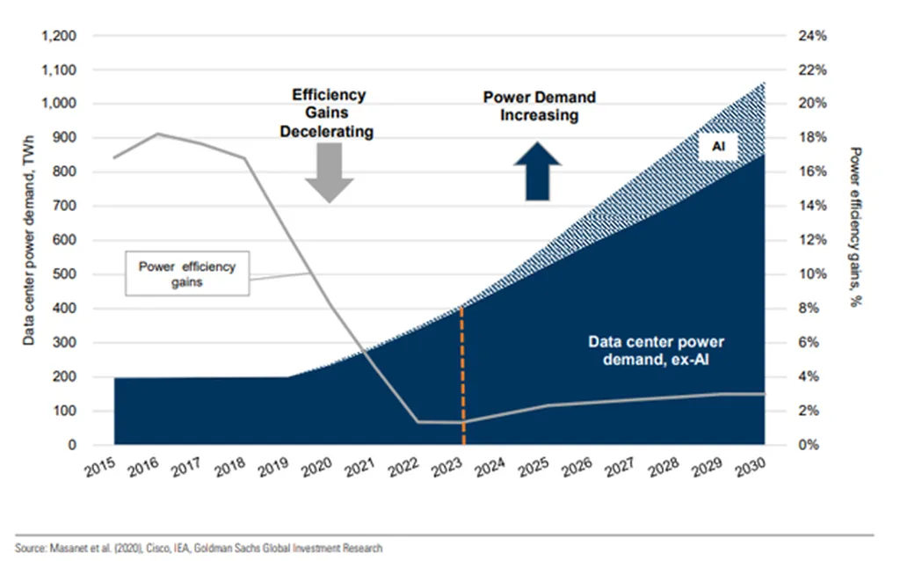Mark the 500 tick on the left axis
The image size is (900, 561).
66,274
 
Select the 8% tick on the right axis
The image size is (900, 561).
808,309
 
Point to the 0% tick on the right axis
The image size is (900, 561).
808,445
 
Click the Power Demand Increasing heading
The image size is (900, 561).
539,106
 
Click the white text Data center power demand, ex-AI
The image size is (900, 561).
657,350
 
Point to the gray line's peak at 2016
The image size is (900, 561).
157,134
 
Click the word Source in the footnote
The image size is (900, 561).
32,548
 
